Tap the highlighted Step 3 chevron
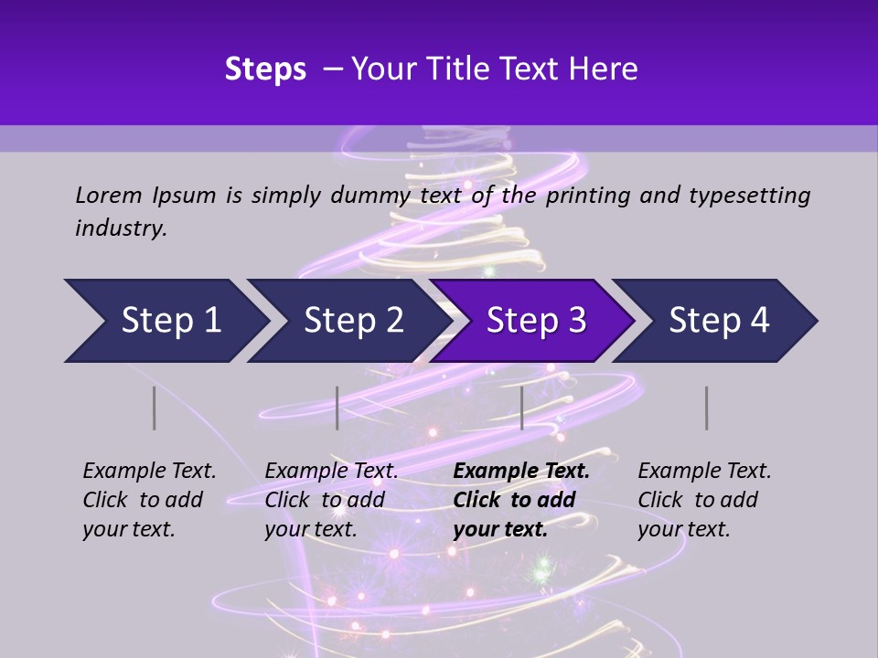click(x=536, y=321)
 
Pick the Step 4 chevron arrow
click(x=719, y=321)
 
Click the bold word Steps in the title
click(x=265, y=69)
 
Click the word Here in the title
click(x=603, y=69)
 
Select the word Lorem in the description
click(x=109, y=195)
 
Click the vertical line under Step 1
click(x=155, y=408)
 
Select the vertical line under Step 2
click(x=337, y=408)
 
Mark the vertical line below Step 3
click(x=521, y=408)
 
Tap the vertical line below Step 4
click(x=707, y=408)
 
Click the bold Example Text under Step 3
click(x=521, y=472)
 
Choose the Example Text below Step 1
click(x=149, y=472)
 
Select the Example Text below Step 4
click(x=704, y=472)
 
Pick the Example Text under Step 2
click(x=331, y=472)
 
